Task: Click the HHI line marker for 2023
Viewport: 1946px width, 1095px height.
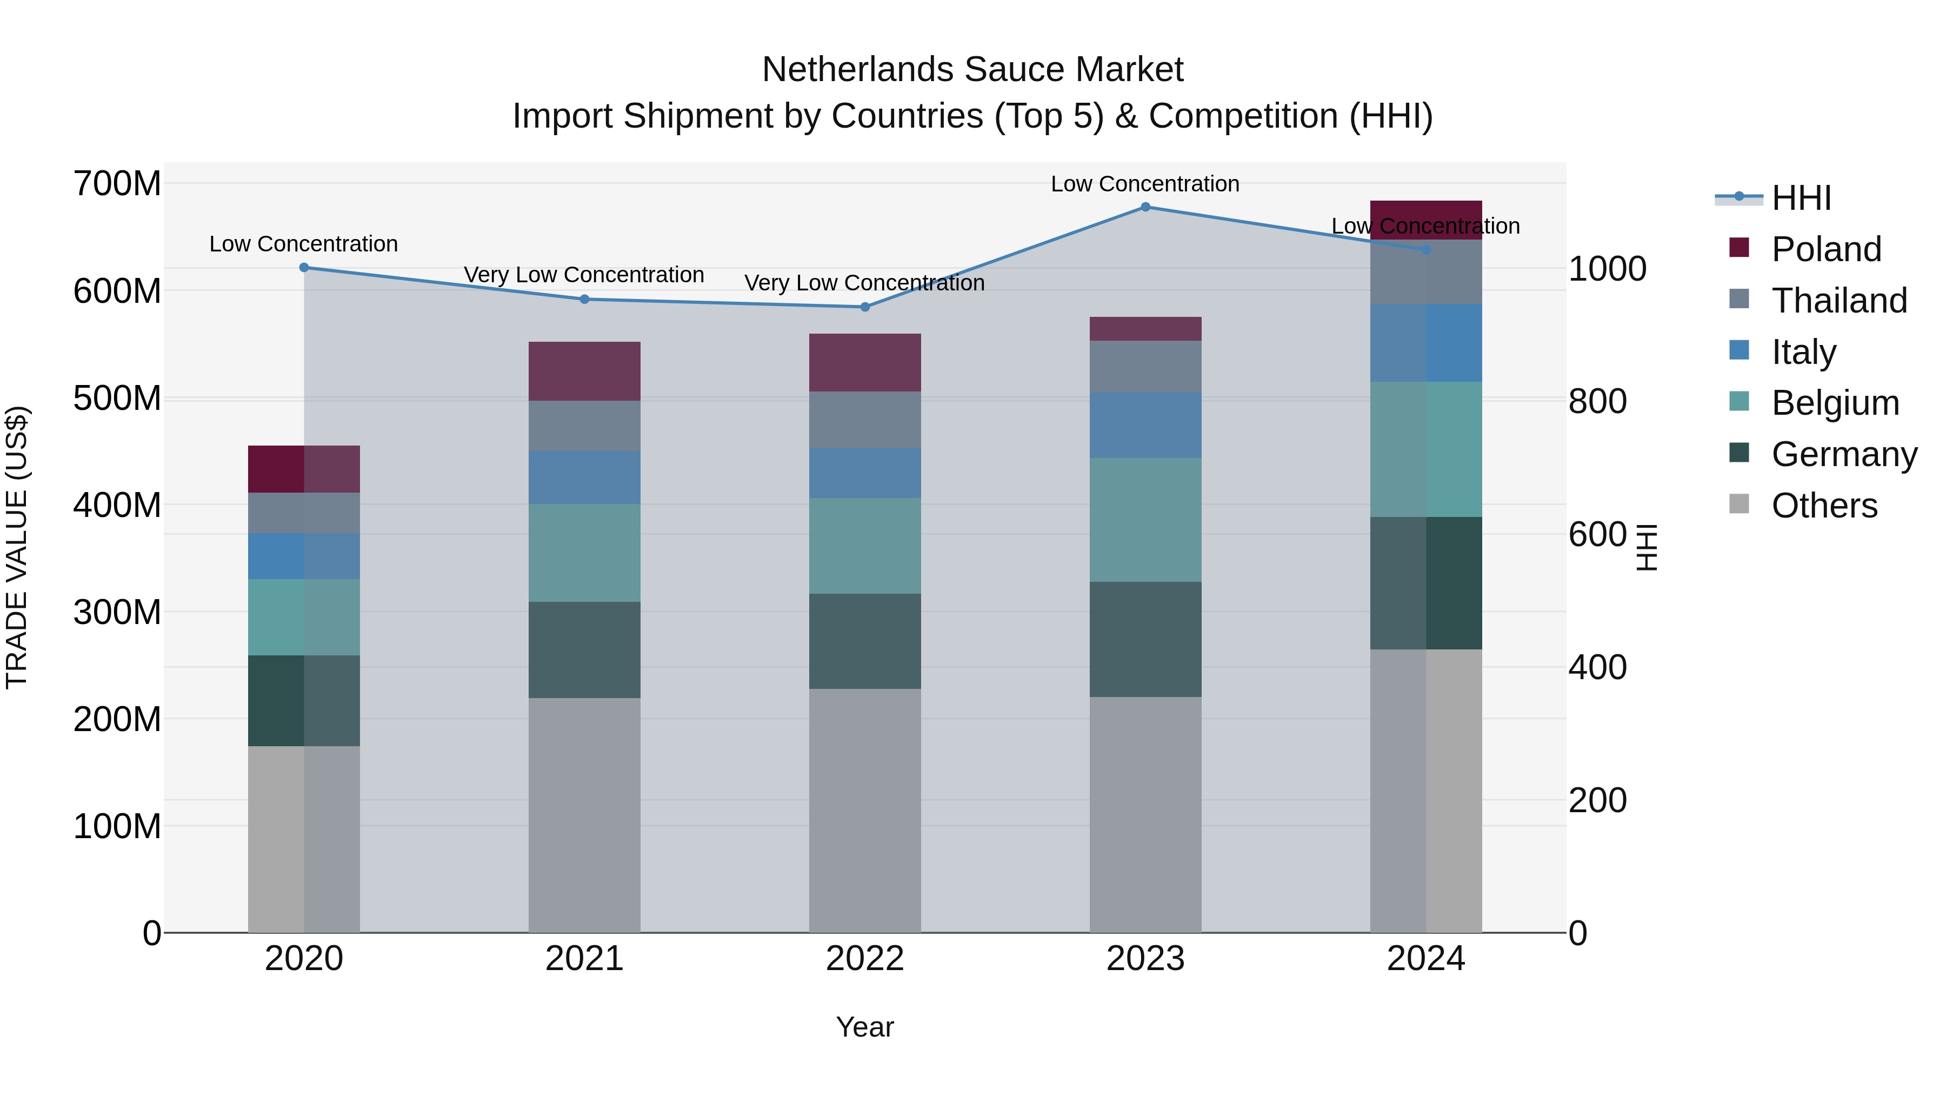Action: coord(1145,207)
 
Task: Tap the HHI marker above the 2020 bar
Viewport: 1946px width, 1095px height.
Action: coord(304,268)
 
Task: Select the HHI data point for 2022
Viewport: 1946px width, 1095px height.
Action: coord(865,307)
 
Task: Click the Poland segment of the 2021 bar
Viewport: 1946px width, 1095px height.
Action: coord(584,371)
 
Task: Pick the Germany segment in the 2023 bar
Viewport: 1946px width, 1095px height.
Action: coord(1145,639)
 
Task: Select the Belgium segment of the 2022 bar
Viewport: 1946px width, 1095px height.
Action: coord(865,546)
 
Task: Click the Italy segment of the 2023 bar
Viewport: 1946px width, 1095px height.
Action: coord(1145,424)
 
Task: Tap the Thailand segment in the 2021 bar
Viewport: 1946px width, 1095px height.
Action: coord(584,426)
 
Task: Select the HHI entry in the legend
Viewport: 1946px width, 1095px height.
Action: coord(1801,198)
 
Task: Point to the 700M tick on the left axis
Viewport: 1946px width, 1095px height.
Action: coord(117,184)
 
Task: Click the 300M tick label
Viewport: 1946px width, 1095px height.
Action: coord(117,612)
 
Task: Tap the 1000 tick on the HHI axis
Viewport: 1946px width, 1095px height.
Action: coord(1607,269)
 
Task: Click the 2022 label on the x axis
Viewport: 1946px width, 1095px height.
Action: coord(865,959)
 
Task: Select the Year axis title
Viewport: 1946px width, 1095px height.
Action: coord(865,1027)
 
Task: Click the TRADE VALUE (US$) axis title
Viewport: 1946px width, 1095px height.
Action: coord(17,547)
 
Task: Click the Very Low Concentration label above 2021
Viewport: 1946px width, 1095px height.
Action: coord(584,275)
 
